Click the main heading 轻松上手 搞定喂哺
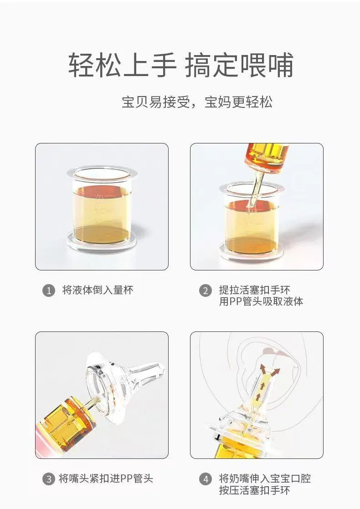(180, 65)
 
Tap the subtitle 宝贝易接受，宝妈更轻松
(197, 102)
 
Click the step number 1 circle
(49, 290)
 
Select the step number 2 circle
(206, 290)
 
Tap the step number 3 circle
(49, 479)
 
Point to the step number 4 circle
(206, 479)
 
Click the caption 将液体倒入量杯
(98, 290)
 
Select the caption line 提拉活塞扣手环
(254, 290)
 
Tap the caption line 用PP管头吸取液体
(261, 301)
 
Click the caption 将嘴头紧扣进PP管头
(106, 478)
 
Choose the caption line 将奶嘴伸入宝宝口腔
(265, 478)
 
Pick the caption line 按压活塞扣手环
(254, 490)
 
